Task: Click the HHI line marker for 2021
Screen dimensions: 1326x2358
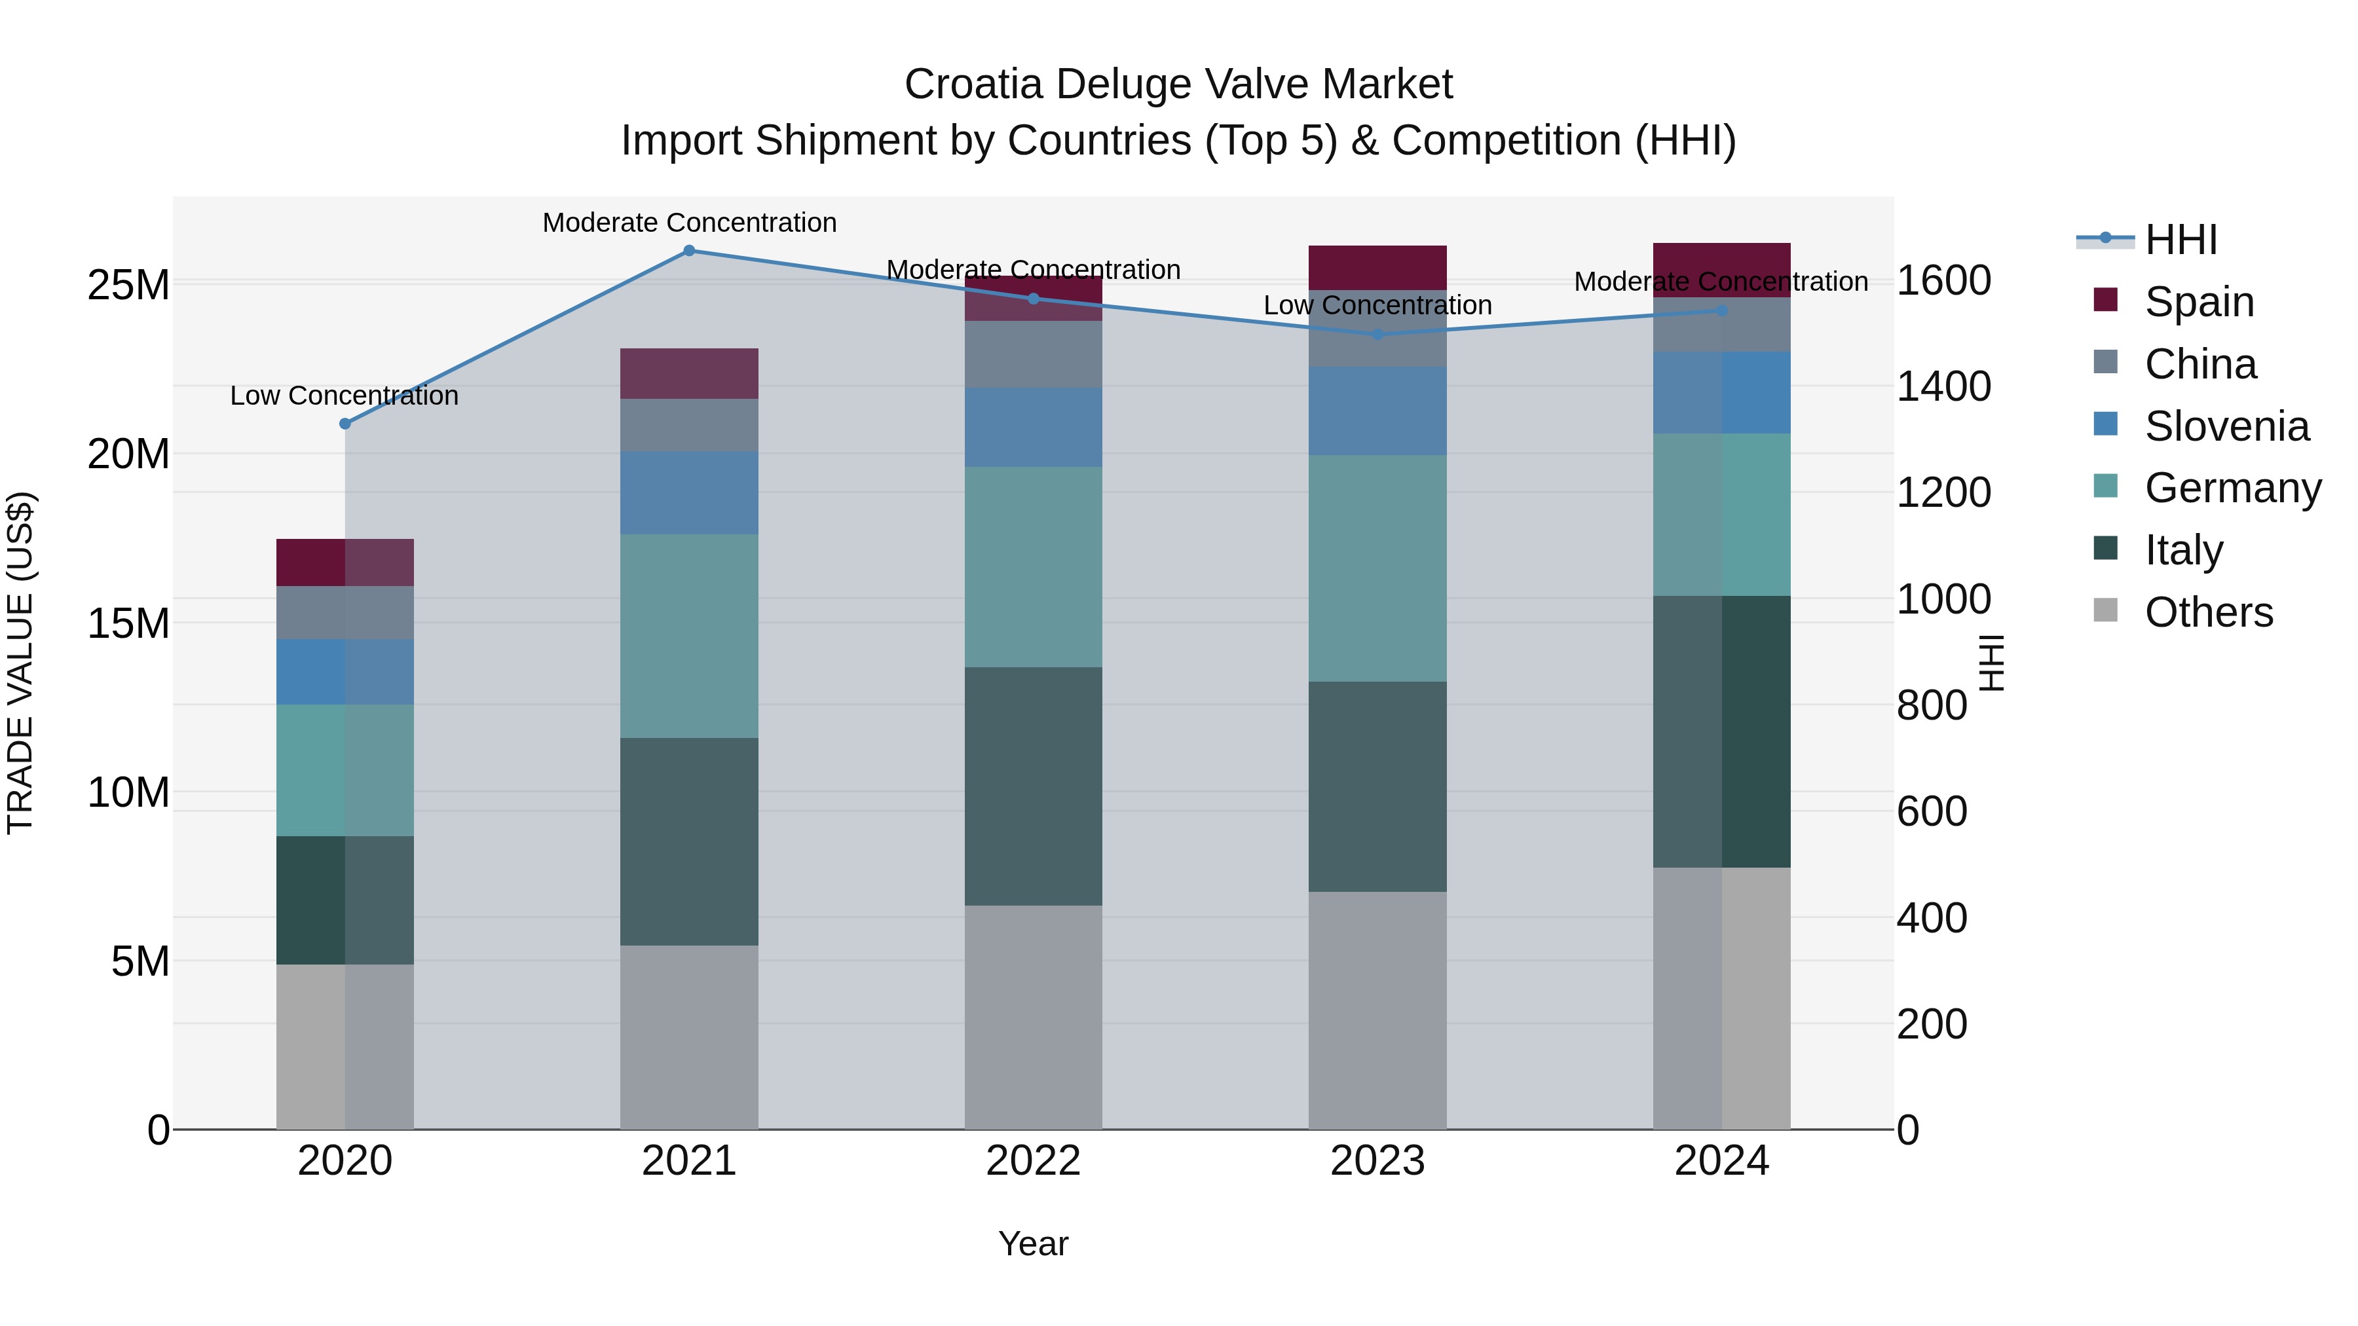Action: click(x=689, y=251)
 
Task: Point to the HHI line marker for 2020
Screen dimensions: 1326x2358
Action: click(x=345, y=424)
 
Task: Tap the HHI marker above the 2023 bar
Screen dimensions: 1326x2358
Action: click(x=1377, y=334)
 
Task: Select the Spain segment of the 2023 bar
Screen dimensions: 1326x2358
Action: click(x=1377, y=267)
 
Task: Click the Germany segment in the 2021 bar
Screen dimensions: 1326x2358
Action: click(x=689, y=636)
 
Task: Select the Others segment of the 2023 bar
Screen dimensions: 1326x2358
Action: click(x=1377, y=1010)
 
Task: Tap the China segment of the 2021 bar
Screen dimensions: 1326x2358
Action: click(x=689, y=424)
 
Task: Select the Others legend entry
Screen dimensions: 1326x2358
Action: click(x=2208, y=612)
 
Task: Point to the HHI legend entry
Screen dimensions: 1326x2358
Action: click(x=2180, y=240)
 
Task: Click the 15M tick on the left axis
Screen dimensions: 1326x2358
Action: click(x=128, y=623)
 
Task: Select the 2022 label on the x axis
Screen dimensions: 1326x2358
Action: click(x=1034, y=1161)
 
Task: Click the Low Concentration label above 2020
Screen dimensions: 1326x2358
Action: click(x=344, y=396)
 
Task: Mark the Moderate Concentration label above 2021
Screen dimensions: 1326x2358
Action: click(x=689, y=223)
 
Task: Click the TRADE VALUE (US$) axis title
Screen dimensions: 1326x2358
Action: click(x=20, y=663)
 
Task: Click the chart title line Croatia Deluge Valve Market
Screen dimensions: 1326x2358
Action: click(x=1178, y=84)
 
